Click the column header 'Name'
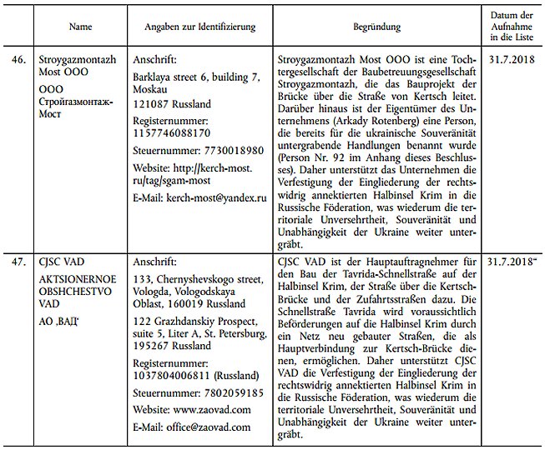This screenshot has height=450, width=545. [x=80, y=27]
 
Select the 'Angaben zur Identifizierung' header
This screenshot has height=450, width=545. [x=199, y=27]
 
